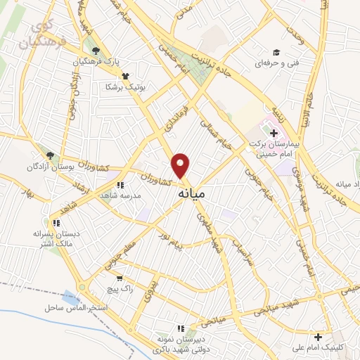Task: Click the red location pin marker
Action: point(181,165)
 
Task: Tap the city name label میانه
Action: point(190,192)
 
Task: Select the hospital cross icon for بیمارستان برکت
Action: point(274,133)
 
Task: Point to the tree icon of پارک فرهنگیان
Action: point(96,51)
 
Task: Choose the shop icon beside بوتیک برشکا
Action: point(125,75)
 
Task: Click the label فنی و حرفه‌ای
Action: point(275,63)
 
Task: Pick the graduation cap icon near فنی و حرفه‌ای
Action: point(276,52)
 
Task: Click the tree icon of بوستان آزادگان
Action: point(49,155)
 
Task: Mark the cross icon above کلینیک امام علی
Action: point(319,337)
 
